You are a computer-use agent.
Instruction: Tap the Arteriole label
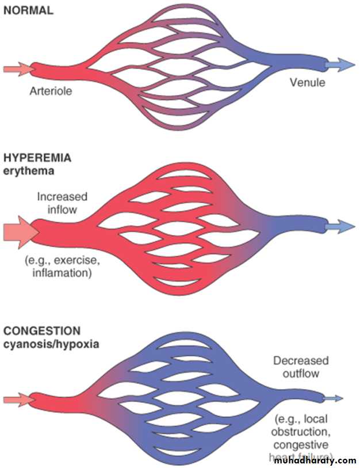pos(52,90)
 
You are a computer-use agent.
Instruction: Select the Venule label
pos(307,82)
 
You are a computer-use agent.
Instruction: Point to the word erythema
pos(28,171)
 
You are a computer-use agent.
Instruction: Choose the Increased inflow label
pos(57,203)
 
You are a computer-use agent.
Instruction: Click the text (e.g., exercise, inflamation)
pos(58,267)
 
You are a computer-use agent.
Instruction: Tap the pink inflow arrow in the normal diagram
pos(17,69)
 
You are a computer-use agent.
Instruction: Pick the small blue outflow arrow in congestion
pos(334,398)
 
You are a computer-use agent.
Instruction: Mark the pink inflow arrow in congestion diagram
pos(17,398)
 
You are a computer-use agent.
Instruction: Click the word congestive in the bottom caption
pos(301,444)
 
